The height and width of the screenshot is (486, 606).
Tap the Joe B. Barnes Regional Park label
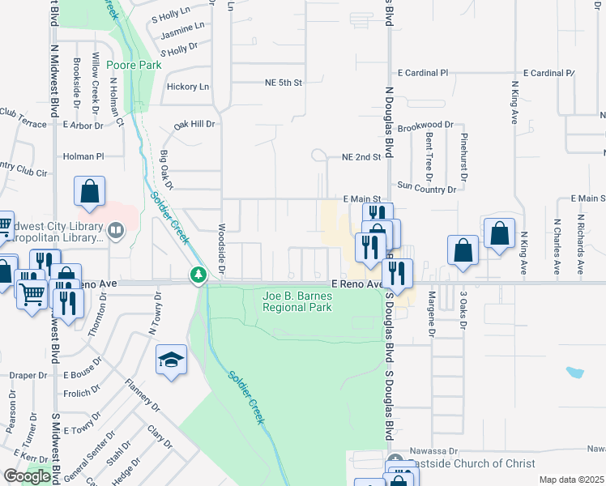[297, 301]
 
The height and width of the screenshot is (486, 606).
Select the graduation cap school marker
[171, 360]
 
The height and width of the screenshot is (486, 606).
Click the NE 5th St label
[283, 83]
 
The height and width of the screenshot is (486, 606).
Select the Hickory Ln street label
[187, 87]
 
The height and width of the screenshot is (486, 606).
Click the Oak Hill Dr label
[194, 125]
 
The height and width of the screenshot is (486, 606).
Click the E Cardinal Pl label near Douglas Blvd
[422, 73]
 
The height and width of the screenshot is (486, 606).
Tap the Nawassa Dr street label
[435, 449]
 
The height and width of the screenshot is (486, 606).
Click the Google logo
[26, 476]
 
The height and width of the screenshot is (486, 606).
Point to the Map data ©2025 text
[571, 480]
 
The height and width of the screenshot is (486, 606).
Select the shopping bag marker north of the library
[89, 193]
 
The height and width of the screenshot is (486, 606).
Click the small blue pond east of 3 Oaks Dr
[574, 373]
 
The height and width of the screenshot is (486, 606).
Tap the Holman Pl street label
[83, 156]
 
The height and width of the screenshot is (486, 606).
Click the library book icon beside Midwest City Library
[116, 232]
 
